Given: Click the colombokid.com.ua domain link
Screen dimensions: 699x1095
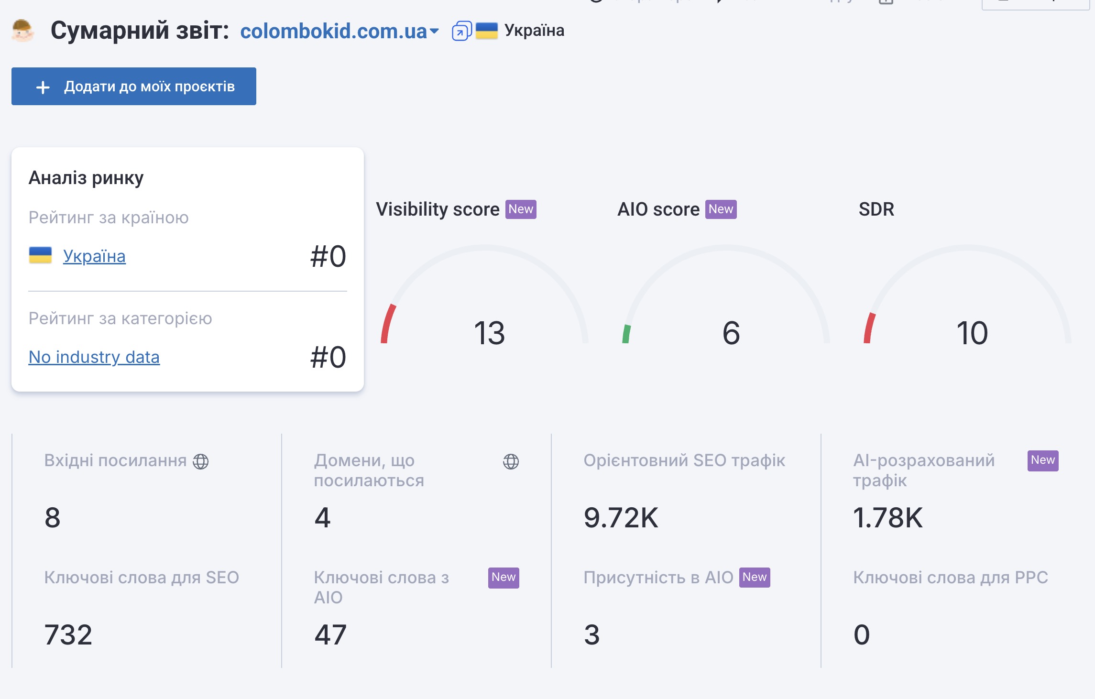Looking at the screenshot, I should point(333,31).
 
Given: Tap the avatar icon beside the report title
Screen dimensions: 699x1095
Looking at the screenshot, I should point(22,31).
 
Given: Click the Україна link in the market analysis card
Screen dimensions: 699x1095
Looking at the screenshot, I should point(94,256).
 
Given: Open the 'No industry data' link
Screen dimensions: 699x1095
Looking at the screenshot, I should point(94,357).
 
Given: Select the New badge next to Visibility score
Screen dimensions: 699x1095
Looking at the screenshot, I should point(521,209).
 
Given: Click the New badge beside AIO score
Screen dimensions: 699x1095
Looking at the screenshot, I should point(721,209).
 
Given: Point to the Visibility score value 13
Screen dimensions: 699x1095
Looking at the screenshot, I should point(489,333).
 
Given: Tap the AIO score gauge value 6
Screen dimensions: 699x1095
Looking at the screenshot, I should point(731,333).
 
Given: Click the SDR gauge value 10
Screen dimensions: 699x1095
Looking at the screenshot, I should point(972,333).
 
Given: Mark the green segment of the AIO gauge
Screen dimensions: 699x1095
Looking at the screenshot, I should point(626,334).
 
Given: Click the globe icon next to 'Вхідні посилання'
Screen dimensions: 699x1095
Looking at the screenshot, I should point(201,461).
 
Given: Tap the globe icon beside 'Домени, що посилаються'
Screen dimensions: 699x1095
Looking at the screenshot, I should point(511,461).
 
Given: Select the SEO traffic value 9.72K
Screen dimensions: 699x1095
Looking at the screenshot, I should point(621,518).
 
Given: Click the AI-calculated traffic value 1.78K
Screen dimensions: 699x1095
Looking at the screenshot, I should point(887,518).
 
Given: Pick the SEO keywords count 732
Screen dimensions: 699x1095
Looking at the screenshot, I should point(68,635).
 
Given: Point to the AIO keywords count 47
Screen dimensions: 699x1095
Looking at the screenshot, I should point(330,635).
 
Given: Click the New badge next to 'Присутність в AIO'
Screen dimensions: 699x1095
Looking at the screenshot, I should point(755,578).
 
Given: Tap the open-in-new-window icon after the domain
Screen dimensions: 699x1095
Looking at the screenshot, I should point(461,31).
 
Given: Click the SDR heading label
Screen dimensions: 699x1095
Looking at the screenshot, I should point(876,209).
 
